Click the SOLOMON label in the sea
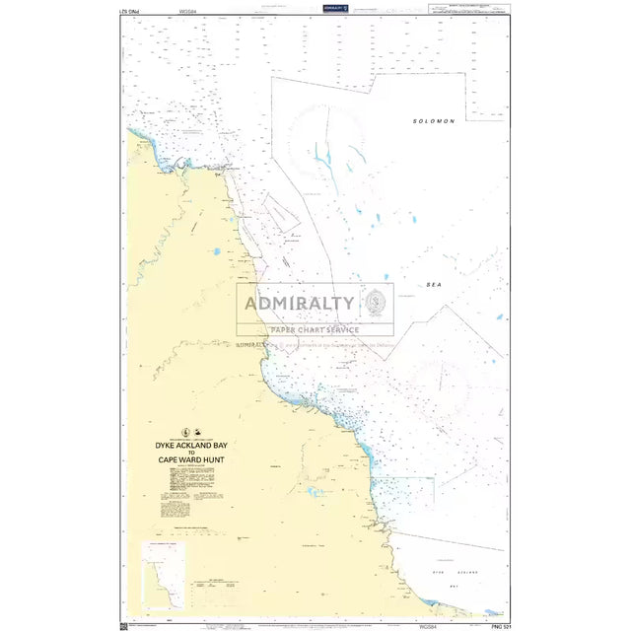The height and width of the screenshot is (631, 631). [x=434, y=121]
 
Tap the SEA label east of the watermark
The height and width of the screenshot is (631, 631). [x=435, y=283]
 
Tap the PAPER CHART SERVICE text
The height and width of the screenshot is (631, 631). [x=315, y=329]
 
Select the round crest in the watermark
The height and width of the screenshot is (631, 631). [x=377, y=302]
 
